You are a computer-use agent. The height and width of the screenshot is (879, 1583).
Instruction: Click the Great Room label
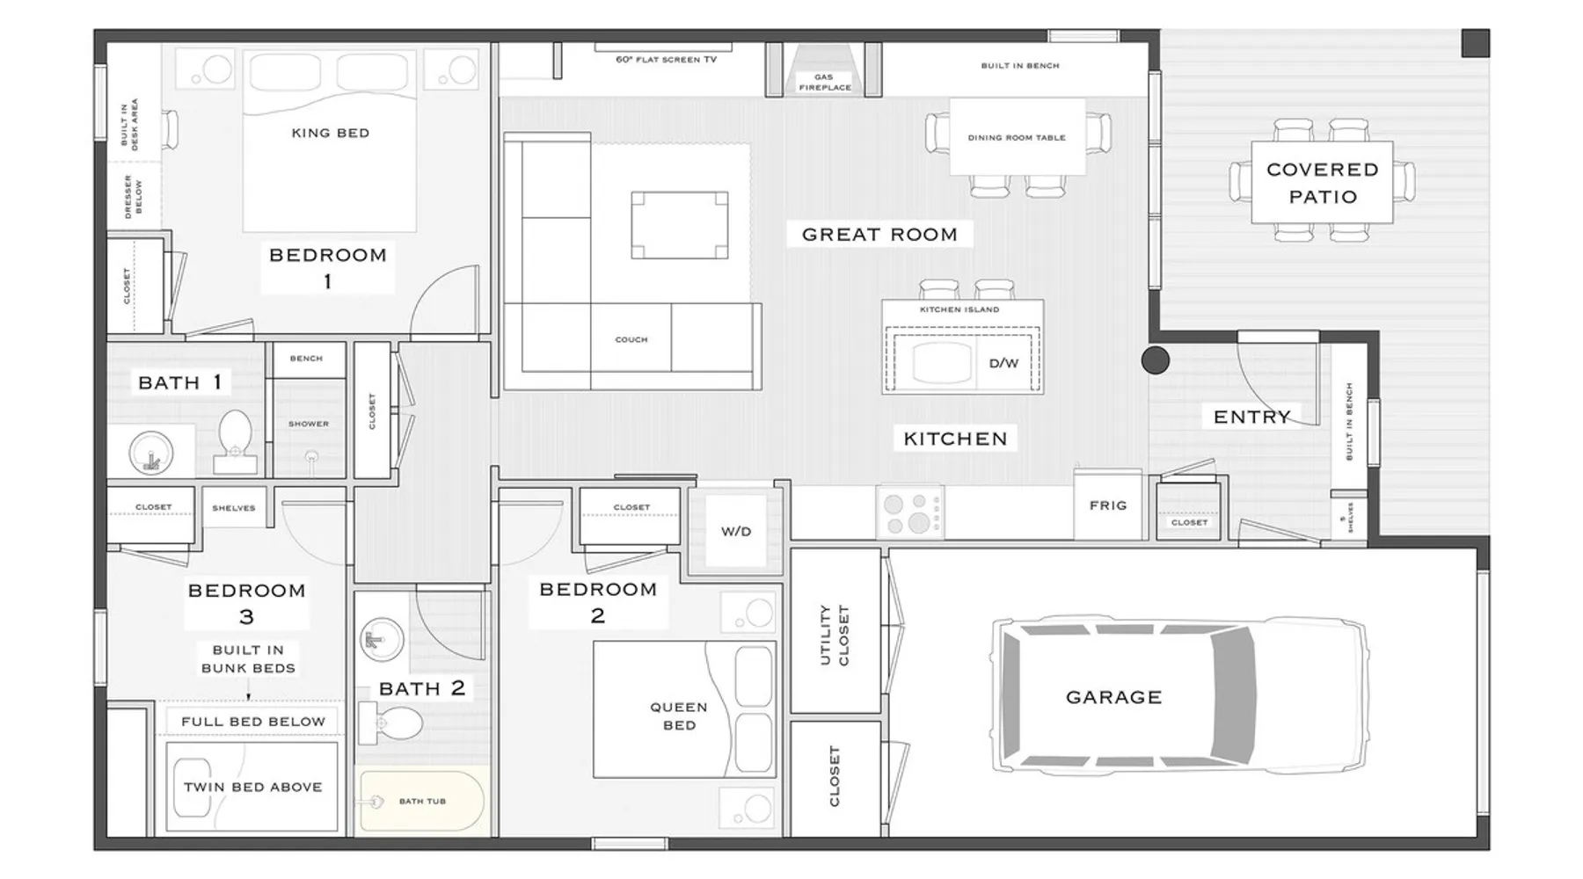pos(879,235)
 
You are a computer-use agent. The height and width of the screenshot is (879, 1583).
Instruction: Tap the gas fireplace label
pos(825,83)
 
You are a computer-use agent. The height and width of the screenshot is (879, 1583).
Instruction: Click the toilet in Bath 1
pos(235,441)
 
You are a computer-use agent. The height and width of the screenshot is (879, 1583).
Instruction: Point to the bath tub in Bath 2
pos(422,801)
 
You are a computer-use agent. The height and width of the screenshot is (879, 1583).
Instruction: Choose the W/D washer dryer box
pos(736,531)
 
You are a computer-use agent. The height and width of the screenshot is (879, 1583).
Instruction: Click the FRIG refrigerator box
pos(1108,505)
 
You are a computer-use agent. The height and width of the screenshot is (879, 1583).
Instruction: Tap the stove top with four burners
pos(910,513)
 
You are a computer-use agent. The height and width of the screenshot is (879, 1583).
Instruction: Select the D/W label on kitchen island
pos(1003,363)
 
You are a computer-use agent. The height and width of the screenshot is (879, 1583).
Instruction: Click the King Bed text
pos(331,133)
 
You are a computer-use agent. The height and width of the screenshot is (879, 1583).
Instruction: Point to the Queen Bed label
pos(679,716)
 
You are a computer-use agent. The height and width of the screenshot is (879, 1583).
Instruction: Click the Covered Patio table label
pos(1323,183)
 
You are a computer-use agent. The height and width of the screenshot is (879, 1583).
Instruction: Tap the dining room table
pos(1018,137)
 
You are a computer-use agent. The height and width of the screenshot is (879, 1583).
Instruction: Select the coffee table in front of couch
pos(680,225)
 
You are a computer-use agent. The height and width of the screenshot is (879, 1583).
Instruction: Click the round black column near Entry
pos(1156,360)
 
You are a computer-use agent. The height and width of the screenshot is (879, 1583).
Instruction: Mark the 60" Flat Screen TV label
pos(666,60)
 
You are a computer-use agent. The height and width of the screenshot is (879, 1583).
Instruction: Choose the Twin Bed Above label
pos(253,787)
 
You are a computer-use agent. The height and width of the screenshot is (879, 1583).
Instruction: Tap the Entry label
pos(1252,417)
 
